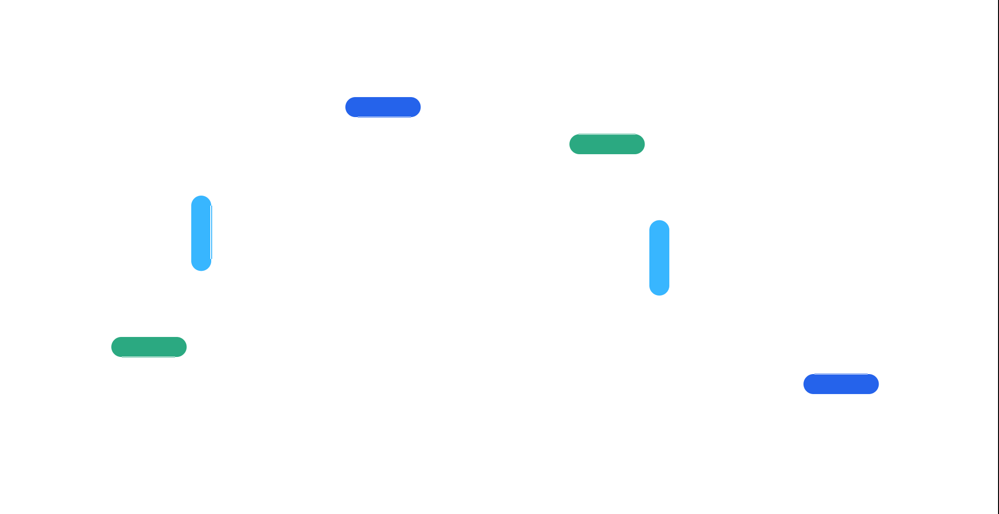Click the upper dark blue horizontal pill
point(383,107)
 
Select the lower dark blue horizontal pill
point(841,384)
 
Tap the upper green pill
point(607,144)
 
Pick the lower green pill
point(149,347)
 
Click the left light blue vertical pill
point(201,233)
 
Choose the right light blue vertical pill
point(659,257)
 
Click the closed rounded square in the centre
point(509,236)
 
